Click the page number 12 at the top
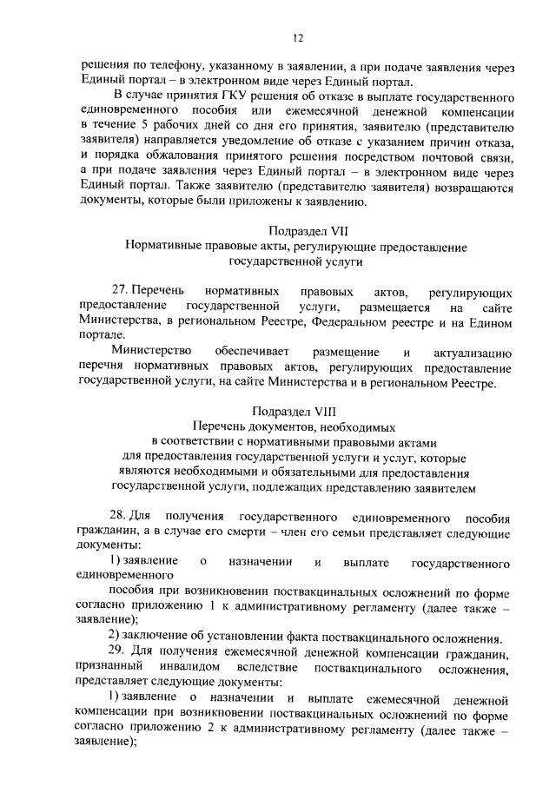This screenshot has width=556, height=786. pos(297,37)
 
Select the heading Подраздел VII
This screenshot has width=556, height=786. pos(296,231)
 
